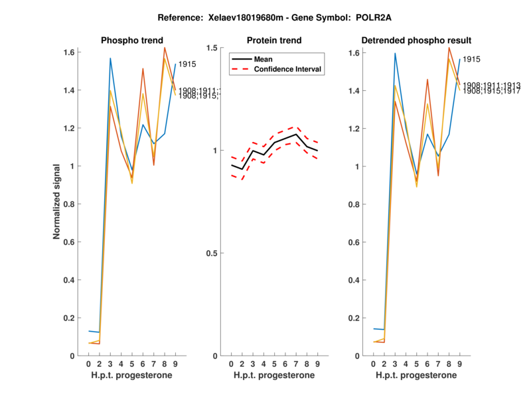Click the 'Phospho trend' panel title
[132, 40]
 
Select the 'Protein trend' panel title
[274, 40]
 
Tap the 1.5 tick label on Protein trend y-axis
[212, 48]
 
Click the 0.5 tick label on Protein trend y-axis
[212, 253]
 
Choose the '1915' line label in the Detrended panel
[471, 59]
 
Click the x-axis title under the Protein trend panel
[275, 376]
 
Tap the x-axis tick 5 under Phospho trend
[132, 364]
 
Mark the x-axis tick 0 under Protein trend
[231, 364]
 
